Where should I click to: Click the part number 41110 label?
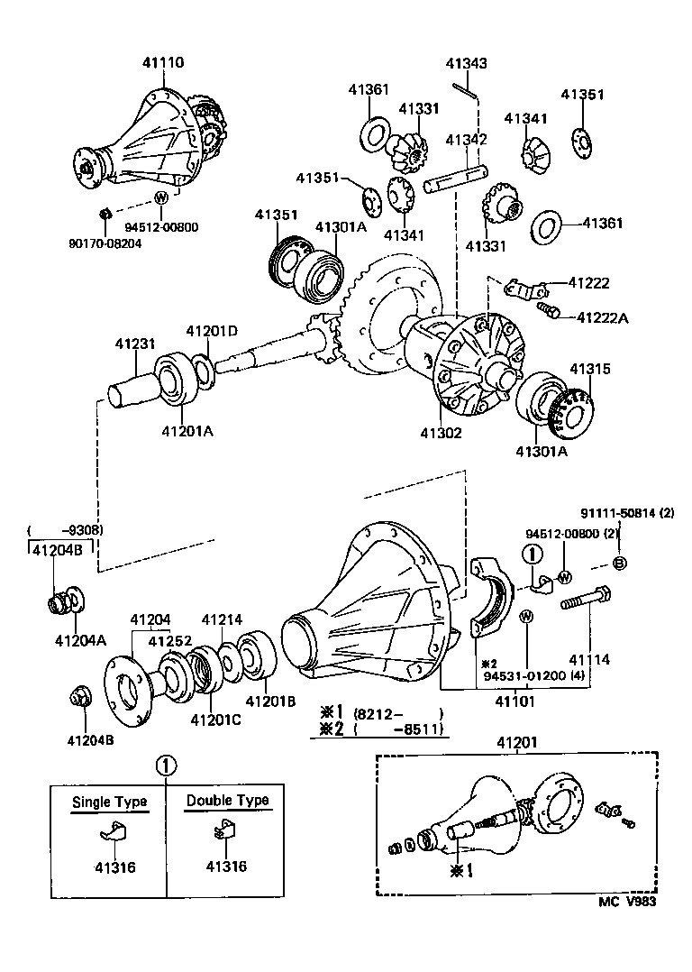[x=162, y=62]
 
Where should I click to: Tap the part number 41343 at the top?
[x=466, y=63]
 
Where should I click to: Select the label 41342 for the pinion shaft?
[x=466, y=140]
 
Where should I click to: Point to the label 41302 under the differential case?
[x=442, y=433]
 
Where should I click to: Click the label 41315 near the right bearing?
[x=589, y=369]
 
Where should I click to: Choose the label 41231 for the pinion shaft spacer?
[x=135, y=344]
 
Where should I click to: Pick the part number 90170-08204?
[x=106, y=243]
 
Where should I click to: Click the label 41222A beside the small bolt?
[x=603, y=317]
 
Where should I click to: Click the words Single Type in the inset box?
[x=109, y=802]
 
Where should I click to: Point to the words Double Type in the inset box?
[x=227, y=801]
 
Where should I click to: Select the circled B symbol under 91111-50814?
[x=619, y=564]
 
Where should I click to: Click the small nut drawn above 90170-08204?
[x=105, y=214]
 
